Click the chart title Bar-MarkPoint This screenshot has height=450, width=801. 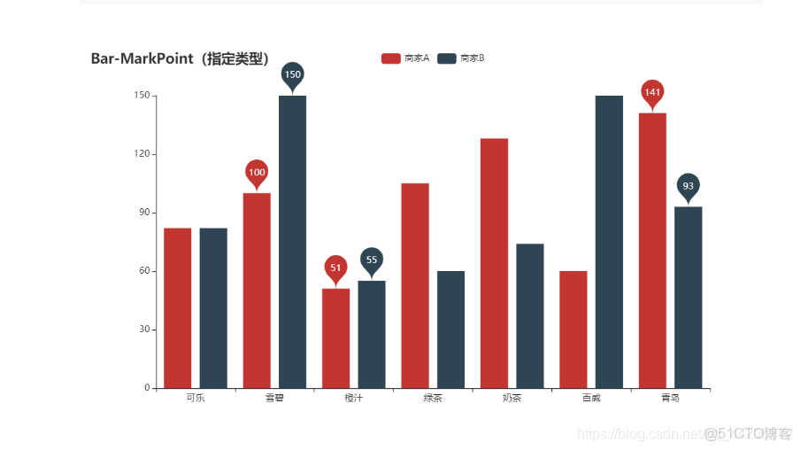(x=181, y=59)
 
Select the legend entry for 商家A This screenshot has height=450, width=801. (x=405, y=58)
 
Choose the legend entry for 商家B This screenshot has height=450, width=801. (x=461, y=58)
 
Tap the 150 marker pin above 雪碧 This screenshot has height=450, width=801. (x=292, y=74)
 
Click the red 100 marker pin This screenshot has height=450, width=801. (x=257, y=172)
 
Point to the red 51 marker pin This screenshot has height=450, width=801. (x=335, y=268)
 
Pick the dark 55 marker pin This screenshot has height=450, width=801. (x=372, y=260)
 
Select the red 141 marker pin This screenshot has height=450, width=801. (x=652, y=92)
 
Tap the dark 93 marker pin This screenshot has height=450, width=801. (x=688, y=186)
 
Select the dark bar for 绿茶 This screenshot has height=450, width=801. (x=451, y=329)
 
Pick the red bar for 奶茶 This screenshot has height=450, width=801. (x=494, y=263)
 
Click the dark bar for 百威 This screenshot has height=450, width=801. (x=609, y=241)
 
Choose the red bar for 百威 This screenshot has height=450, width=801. (x=574, y=329)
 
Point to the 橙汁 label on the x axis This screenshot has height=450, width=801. (x=354, y=399)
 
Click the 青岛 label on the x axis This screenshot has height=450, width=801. (x=670, y=399)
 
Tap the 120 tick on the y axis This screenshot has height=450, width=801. (x=140, y=154)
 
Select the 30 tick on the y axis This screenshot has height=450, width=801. (x=142, y=330)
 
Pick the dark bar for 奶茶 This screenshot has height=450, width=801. (x=530, y=315)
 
